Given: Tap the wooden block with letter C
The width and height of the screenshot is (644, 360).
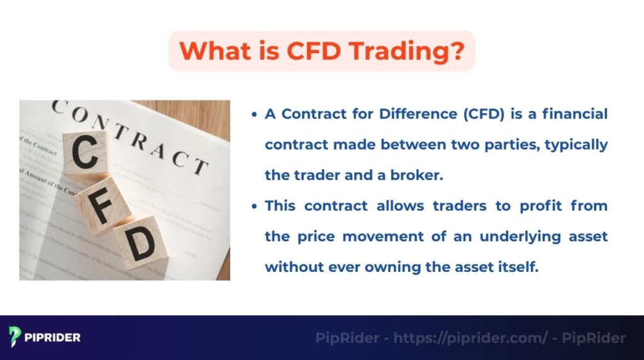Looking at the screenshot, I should pos(87,154).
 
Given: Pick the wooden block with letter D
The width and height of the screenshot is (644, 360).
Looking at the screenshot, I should pos(142,242).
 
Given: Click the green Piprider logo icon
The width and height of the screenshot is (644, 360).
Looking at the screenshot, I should pos(15,337).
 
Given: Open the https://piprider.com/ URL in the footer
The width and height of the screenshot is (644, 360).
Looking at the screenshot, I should pos(470,338).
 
